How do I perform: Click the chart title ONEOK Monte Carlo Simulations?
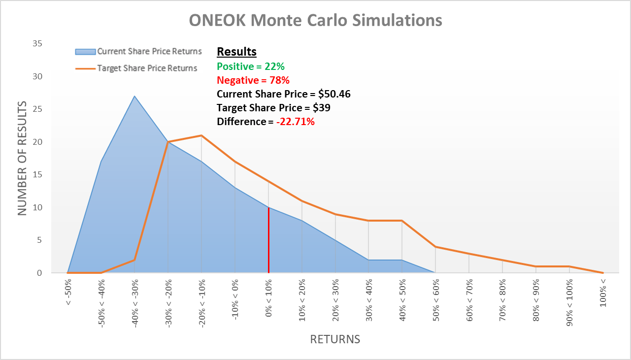315,20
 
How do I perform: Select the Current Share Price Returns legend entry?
149,51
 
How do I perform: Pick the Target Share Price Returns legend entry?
147,68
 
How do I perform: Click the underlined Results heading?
236,52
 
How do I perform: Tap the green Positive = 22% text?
251,66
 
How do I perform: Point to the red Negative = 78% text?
253,80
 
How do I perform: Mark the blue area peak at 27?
134,96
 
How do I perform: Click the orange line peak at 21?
201,135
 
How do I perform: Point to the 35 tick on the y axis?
37,44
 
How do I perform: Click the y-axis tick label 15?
37,175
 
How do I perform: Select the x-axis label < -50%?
68,294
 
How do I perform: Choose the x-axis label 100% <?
603,294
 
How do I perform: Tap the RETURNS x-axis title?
334,339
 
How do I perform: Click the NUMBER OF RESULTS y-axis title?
22,158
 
